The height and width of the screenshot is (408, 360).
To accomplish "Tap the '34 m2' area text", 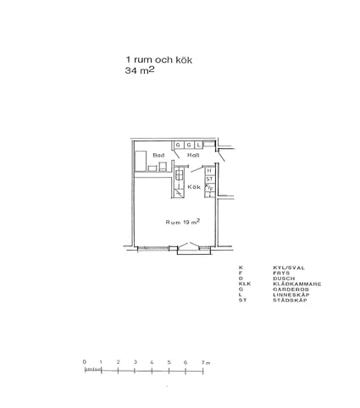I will point(140,73).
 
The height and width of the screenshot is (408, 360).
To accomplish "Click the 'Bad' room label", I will point(158,156).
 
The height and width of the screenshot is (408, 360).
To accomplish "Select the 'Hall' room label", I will point(193,157).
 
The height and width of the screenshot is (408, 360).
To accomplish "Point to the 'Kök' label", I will point(194,187).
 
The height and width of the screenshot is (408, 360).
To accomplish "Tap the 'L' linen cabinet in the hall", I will point(199,146).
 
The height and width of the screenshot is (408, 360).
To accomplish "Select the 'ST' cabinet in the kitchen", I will point(209,179).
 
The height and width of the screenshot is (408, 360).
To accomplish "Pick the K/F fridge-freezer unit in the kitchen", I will point(209,189).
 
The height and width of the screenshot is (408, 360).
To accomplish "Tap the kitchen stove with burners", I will point(179,177).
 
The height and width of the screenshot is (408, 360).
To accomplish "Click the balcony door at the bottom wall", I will point(186,247).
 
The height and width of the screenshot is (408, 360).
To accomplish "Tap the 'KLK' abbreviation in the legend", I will point(244,283).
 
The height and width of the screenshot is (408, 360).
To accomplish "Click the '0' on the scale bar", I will point(85,362).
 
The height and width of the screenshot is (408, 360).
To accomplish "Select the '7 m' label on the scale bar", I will point(204,362).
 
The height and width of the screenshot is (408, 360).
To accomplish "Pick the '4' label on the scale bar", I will point(152,362).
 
